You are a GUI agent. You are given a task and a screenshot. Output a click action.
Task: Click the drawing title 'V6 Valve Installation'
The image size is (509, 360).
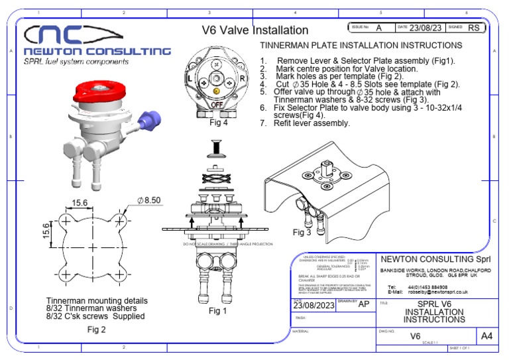254,30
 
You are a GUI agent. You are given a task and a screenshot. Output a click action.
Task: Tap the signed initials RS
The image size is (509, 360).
474,28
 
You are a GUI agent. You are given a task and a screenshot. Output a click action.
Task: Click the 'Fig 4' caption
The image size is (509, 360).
219,122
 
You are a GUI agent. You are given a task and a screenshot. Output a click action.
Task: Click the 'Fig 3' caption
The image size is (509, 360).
302,233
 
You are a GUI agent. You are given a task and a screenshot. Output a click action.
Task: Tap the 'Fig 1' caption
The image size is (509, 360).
218,311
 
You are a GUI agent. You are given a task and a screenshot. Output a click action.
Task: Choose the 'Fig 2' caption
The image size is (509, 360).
97,329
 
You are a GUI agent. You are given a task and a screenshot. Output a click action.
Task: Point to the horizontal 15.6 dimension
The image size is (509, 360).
80,202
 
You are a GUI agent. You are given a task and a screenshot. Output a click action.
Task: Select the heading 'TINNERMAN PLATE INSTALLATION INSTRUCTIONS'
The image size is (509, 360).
361,45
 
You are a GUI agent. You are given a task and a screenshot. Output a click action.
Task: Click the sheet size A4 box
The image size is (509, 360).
486,336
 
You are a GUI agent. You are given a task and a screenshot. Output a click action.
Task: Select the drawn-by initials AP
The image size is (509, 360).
364,304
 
